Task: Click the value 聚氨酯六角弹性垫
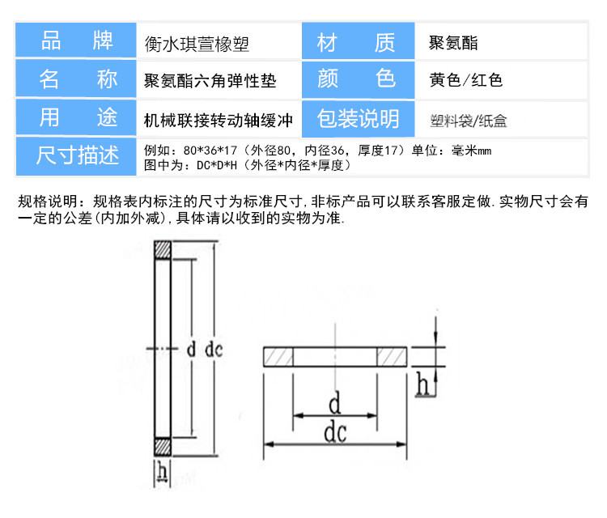(x=210, y=80)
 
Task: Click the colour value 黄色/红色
(x=466, y=80)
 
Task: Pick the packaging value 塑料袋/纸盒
(x=469, y=121)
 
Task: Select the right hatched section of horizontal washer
(x=394, y=357)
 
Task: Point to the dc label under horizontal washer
(x=335, y=433)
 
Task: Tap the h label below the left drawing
(x=163, y=470)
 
